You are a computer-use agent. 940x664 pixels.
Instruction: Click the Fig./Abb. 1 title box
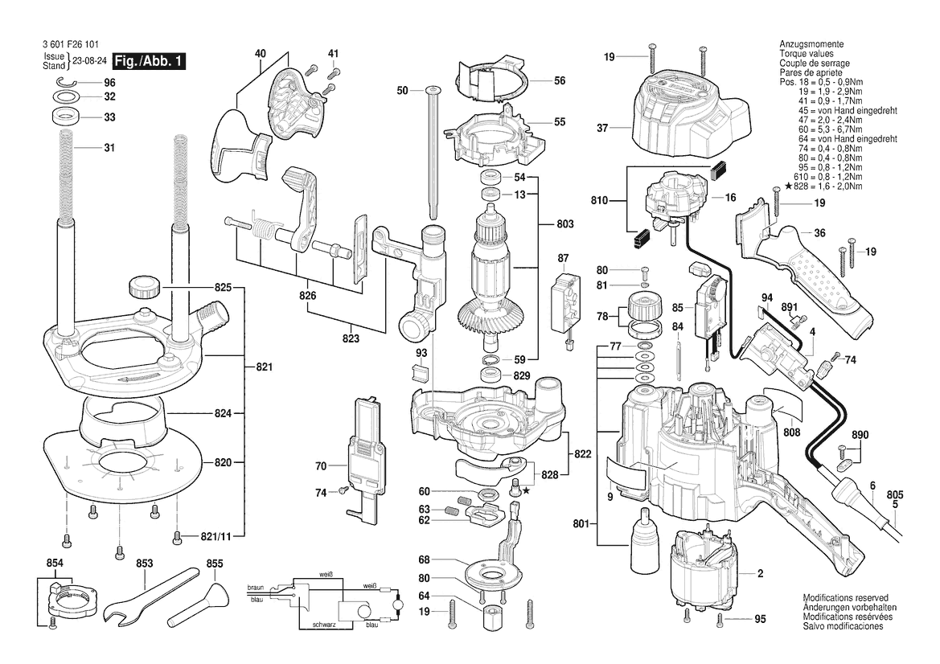(x=149, y=60)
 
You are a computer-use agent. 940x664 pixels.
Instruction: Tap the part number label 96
(x=109, y=83)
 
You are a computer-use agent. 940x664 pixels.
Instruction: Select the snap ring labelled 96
(x=68, y=83)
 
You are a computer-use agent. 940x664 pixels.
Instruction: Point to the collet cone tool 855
(x=197, y=604)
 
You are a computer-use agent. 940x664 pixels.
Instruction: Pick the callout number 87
(x=563, y=258)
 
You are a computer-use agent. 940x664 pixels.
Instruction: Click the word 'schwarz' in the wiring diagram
(x=324, y=625)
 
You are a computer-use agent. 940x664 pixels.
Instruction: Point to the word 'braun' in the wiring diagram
(x=256, y=588)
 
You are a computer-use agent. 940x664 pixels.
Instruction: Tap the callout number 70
(x=321, y=465)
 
